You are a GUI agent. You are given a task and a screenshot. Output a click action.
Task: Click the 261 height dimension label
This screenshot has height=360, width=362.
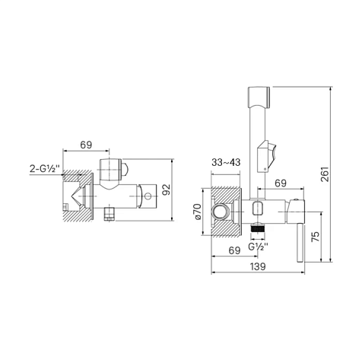coord(325,174)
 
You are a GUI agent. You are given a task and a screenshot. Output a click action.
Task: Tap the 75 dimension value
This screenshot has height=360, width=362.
coord(315,237)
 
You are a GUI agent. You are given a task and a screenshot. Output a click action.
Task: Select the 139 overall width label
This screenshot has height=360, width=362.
coord(258,266)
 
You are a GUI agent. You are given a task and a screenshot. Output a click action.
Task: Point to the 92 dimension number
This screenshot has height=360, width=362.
coord(167,190)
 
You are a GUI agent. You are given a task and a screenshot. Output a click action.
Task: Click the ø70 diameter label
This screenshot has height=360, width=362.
coord(198,212)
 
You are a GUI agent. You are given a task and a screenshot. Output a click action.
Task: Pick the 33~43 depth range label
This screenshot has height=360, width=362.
coord(226,162)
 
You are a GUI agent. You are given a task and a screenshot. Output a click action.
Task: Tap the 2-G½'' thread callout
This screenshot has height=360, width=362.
coord(45,168)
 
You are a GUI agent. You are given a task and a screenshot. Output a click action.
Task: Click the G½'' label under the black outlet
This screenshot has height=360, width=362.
coord(258,247)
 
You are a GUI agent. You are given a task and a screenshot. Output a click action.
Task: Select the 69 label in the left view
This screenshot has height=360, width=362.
coord(86,145)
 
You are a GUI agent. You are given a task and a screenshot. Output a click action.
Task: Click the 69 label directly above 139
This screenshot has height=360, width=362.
coord(234,250)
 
